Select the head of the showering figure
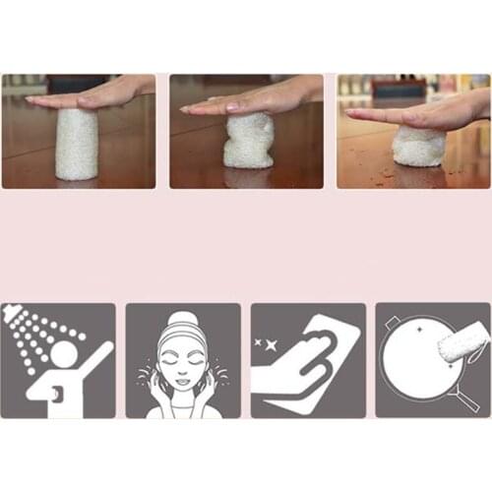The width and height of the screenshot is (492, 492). point(68,355)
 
